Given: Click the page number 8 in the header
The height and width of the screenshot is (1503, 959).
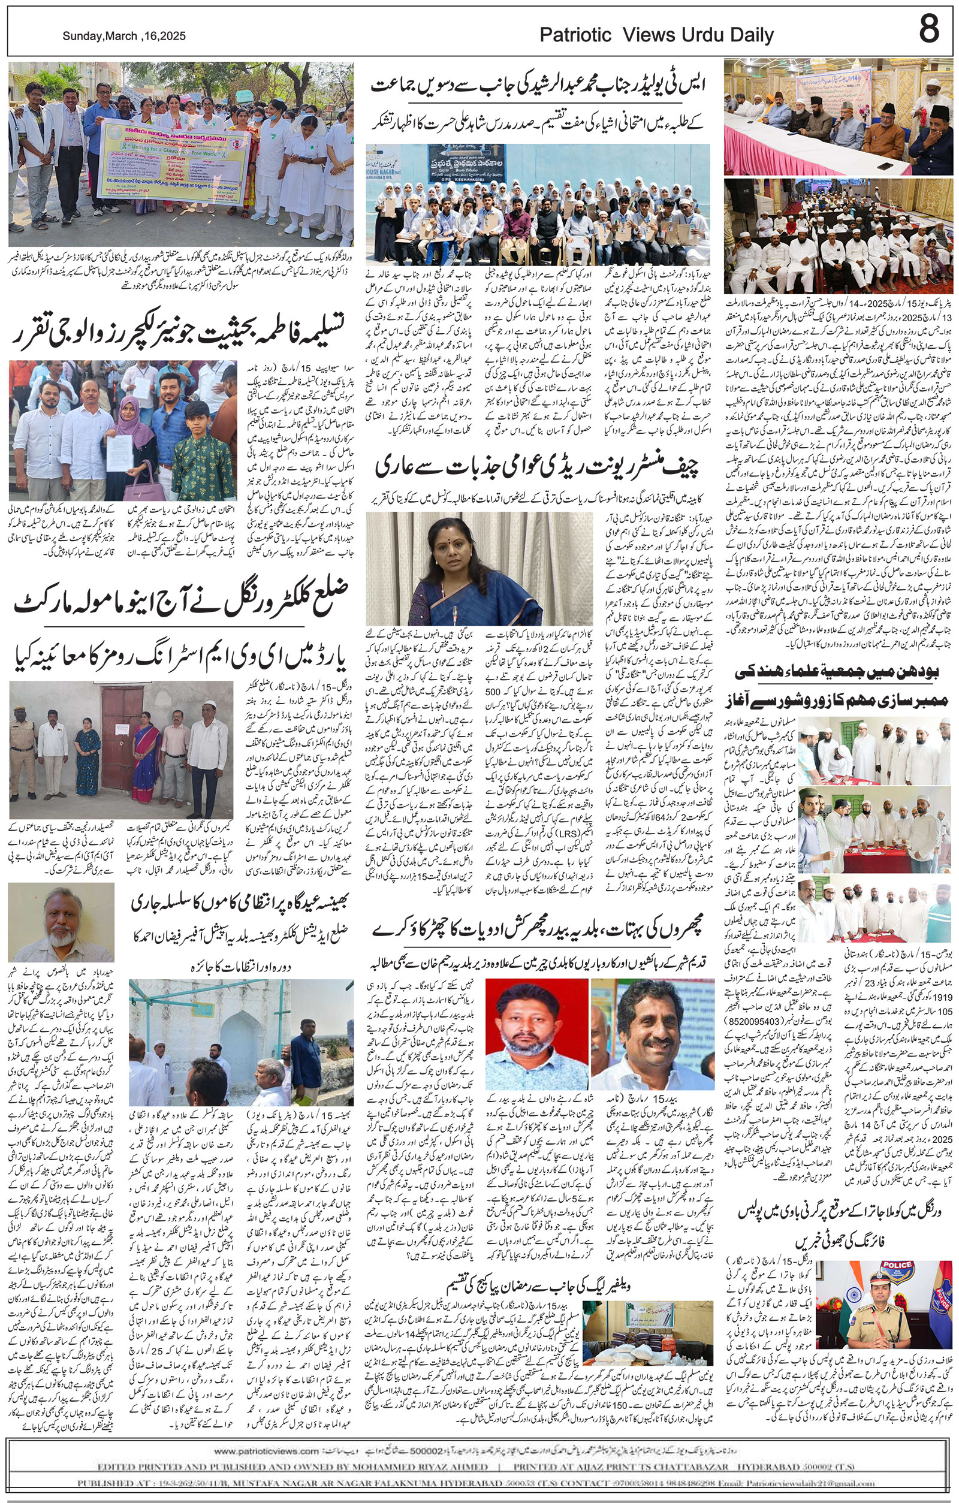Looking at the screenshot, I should pyautogui.click(x=928, y=29).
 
